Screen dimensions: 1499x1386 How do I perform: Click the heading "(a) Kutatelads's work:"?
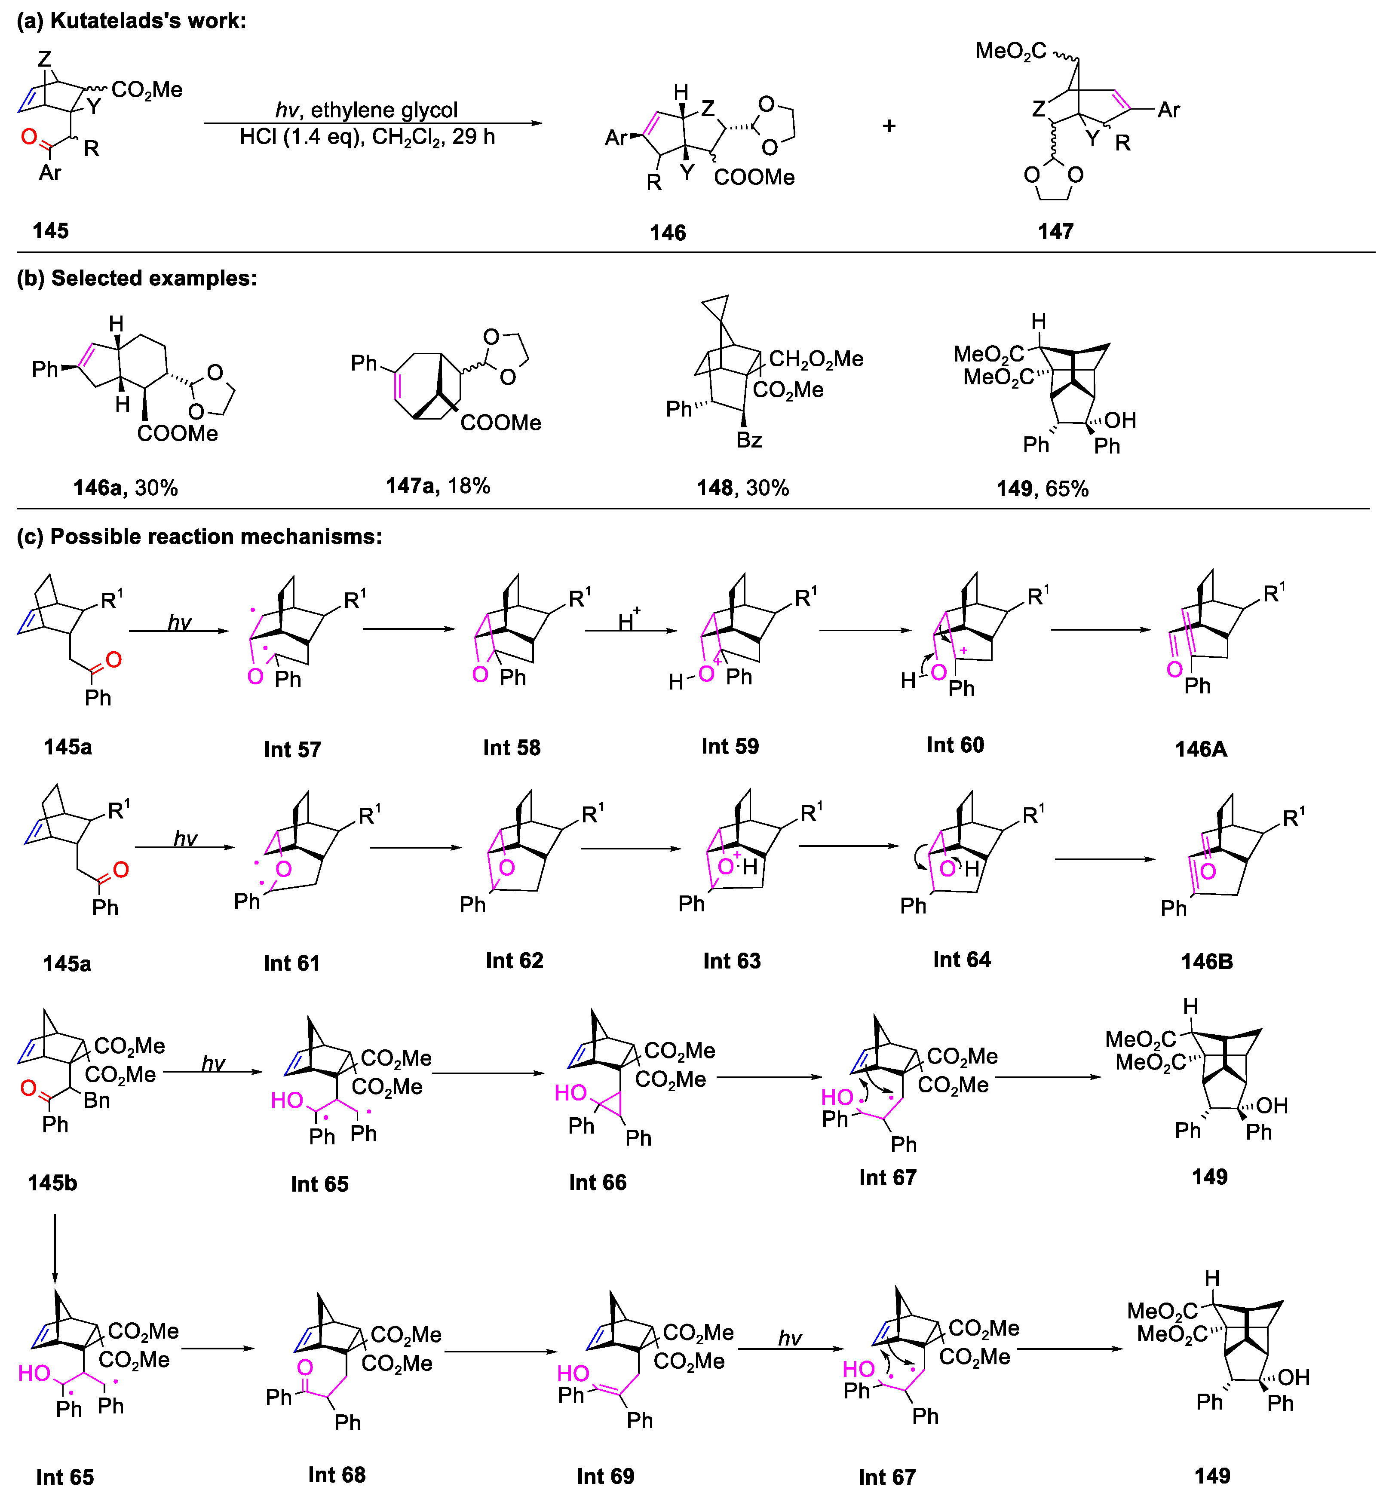point(131,21)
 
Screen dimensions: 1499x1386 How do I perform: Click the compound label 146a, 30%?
point(125,488)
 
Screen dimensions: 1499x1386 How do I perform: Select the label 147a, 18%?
point(438,486)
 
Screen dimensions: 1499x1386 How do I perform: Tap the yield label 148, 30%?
point(742,488)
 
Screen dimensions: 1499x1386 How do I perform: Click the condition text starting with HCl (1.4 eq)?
point(367,137)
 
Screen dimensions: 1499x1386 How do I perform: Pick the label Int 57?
point(292,749)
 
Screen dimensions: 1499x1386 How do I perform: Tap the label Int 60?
point(955,745)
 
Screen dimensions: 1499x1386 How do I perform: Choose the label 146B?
point(1207,961)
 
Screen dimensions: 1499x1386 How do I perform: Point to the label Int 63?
point(732,961)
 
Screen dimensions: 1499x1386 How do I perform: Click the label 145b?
point(52,1183)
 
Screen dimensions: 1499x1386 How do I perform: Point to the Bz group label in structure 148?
point(748,440)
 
